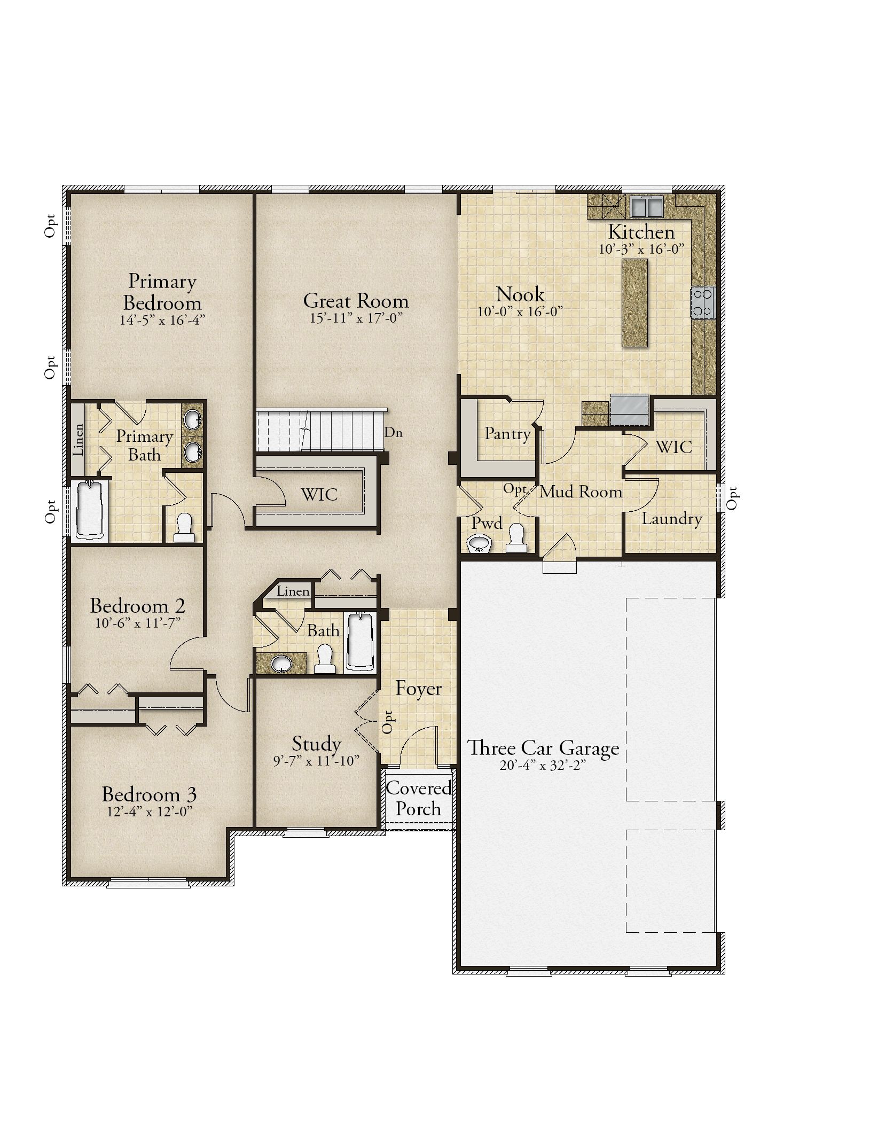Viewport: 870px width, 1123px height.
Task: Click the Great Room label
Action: [x=356, y=301]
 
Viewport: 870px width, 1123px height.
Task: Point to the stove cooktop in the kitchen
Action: [x=703, y=303]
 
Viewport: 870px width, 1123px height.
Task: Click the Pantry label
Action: [x=507, y=433]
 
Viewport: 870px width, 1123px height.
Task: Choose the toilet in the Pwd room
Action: [x=516, y=539]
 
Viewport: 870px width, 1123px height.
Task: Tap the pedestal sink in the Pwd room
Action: [x=480, y=543]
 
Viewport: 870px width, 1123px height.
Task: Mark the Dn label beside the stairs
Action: [x=394, y=432]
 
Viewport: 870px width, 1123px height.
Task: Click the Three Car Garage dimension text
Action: [x=543, y=765]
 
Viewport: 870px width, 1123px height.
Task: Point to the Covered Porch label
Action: [x=419, y=798]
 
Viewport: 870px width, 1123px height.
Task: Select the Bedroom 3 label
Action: [x=149, y=794]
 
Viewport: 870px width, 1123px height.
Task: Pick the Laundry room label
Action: [x=671, y=519]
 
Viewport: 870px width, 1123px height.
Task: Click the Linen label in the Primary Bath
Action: [x=79, y=439]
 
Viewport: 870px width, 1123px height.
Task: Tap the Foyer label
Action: [x=418, y=689]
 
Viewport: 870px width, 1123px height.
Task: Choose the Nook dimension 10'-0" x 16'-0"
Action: [x=521, y=311]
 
